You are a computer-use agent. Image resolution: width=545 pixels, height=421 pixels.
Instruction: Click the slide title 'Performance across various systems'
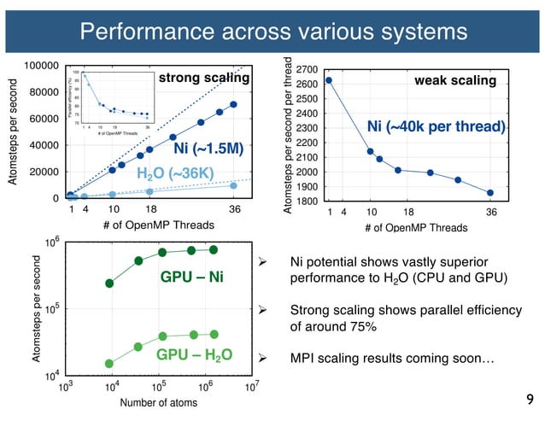273,32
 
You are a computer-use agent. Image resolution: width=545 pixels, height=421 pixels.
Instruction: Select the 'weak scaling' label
454,80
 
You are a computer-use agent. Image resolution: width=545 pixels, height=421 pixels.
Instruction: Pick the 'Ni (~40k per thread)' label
437,127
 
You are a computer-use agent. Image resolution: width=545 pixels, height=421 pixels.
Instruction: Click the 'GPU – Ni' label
192,277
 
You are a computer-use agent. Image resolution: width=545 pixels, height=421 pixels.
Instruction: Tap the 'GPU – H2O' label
193,354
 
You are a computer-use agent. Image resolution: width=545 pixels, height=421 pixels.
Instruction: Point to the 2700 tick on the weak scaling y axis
308,69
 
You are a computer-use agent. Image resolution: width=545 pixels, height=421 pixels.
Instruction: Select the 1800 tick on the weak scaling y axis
308,202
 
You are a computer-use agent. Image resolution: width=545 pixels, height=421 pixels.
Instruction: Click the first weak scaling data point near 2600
329,80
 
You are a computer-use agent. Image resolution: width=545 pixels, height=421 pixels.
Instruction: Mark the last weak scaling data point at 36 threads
490,193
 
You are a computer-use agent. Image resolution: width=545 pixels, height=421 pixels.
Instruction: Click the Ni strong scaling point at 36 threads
233,105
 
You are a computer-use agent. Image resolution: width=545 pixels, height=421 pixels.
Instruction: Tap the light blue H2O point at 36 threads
233,185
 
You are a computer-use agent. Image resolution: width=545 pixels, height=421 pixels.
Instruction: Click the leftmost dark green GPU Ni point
109,283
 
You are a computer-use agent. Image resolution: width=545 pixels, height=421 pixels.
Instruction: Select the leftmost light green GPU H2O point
109,363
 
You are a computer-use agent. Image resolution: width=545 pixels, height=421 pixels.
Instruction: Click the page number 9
530,399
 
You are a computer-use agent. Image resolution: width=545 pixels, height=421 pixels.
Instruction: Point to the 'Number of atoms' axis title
153,402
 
